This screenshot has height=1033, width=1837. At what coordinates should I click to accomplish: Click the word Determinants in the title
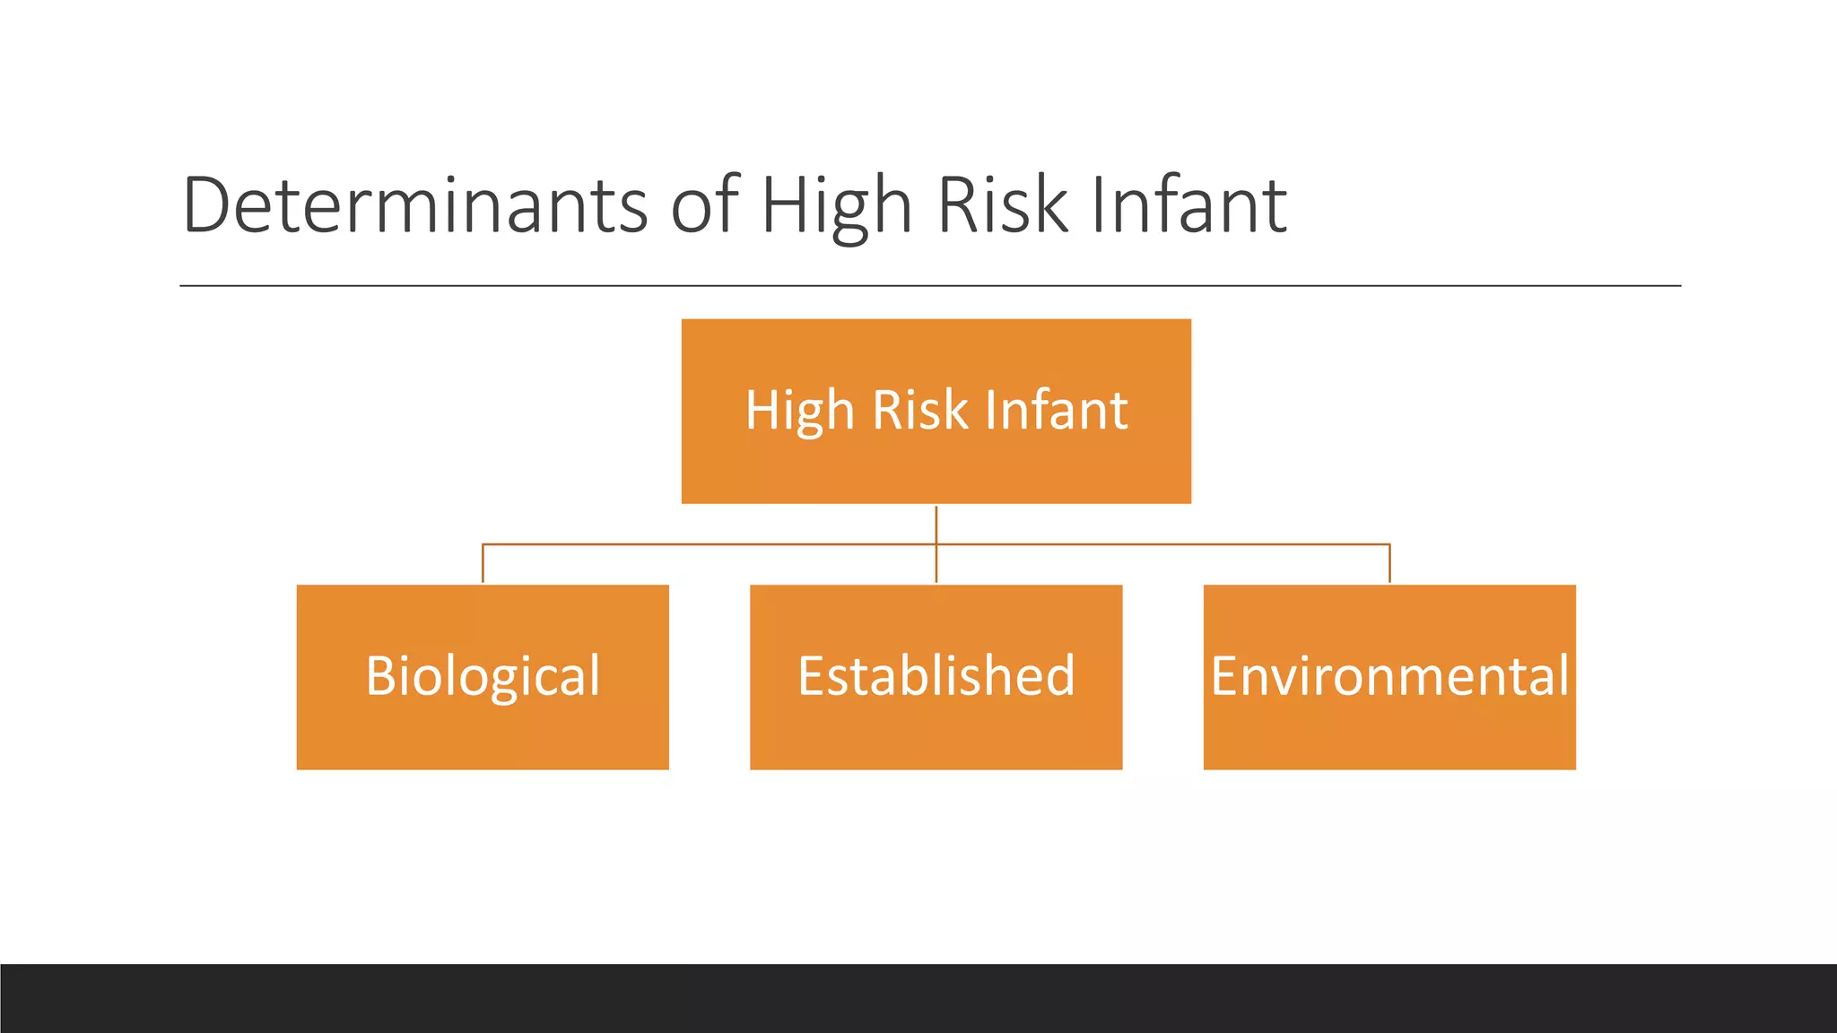414,205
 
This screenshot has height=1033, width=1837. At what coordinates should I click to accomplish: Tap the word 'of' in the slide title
704,205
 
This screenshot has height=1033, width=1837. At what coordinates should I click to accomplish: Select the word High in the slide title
837,207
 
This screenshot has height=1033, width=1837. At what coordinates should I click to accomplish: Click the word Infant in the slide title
1188,205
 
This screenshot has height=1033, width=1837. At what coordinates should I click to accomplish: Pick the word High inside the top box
799,411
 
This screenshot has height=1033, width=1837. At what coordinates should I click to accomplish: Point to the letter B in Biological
379,676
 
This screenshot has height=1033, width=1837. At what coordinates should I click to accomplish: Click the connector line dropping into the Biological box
483,565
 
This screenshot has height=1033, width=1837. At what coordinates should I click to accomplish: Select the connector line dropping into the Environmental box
1389,565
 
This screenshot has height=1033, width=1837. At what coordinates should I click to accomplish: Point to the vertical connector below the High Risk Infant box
936,525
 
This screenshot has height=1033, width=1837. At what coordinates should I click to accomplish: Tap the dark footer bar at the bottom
918,998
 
